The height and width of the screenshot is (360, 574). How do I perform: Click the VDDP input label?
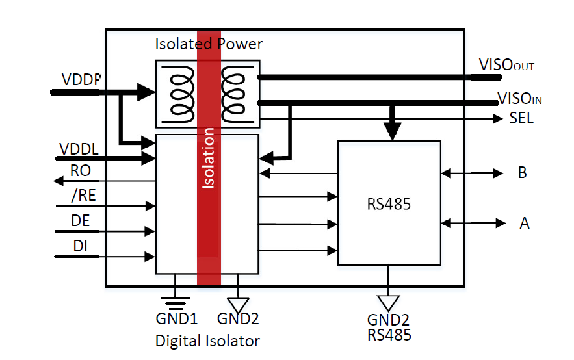coord(81,79)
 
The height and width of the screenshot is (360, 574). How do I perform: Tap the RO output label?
coord(81,172)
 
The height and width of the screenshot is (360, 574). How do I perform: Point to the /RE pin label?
coord(80,196)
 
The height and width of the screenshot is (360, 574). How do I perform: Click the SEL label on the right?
coord(521,119)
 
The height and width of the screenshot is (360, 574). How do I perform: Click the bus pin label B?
coord(522,173)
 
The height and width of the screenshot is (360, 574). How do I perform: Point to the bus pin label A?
coord(524,224)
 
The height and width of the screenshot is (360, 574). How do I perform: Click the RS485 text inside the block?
coord(389,205)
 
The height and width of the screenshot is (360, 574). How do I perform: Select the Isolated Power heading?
coord(209,44)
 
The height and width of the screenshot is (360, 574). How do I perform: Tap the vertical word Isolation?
coord(209,159)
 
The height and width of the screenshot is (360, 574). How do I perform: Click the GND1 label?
coord(176,320)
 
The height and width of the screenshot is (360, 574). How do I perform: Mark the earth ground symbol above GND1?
coord(176,301)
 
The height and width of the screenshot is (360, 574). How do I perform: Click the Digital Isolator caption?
coord(207,341)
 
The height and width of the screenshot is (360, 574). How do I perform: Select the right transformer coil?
coord(233,94)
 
